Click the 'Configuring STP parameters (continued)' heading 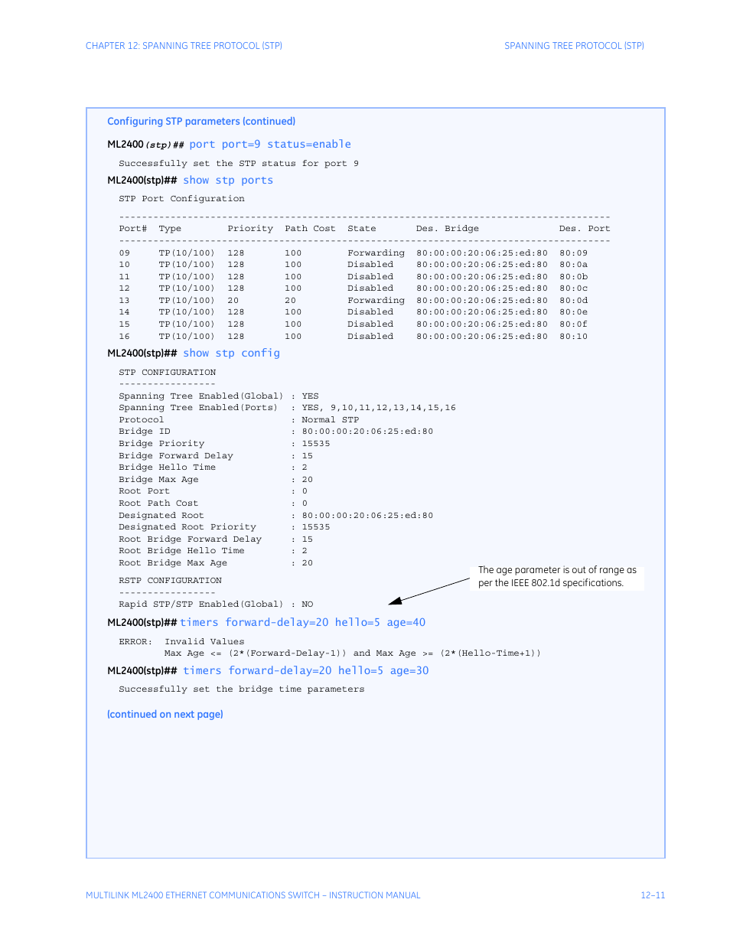pos(201,122)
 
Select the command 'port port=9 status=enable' pos(270,145)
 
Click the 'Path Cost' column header pos(310,229)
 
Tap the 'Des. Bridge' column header pos(447,229)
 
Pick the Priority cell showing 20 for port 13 pos(233,301)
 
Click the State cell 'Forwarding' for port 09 pos(376,253)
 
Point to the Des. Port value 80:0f pos(573,324)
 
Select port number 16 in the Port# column pos(125,337)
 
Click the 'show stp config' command pos(231,354)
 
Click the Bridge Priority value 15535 pos(315,444)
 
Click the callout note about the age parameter pos(556,576)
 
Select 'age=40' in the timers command pos(406,623)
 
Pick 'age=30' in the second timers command pos(409,671)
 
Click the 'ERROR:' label pos(135,642)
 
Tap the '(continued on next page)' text pos(165,715)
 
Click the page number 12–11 pos(653,895)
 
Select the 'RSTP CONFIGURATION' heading pos(170,581)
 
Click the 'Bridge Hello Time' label pos(167,468)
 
